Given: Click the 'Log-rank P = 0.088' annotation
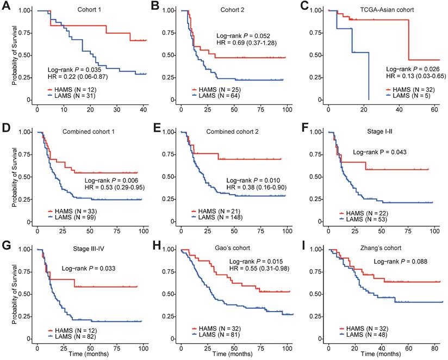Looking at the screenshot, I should pyautogui.click(x=399, y=262).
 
